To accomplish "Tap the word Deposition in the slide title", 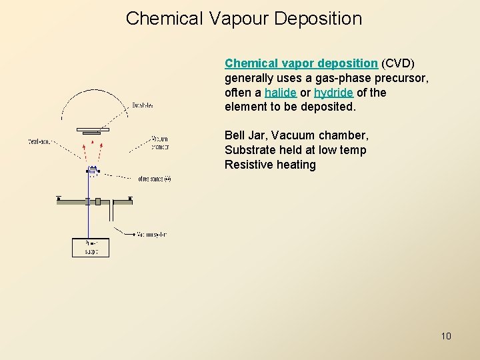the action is coord(318,19).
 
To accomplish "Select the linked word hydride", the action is coord(333,93).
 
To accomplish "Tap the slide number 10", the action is coord(446,336).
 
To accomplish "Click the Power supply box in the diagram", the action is coord(90,247).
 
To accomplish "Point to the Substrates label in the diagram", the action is coord(142,105).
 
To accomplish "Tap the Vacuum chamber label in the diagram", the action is coord(160,143).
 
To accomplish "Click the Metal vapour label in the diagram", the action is coord(41,141).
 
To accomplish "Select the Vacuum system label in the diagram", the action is coord(152,234).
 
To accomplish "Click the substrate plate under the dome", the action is coord(92,129).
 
